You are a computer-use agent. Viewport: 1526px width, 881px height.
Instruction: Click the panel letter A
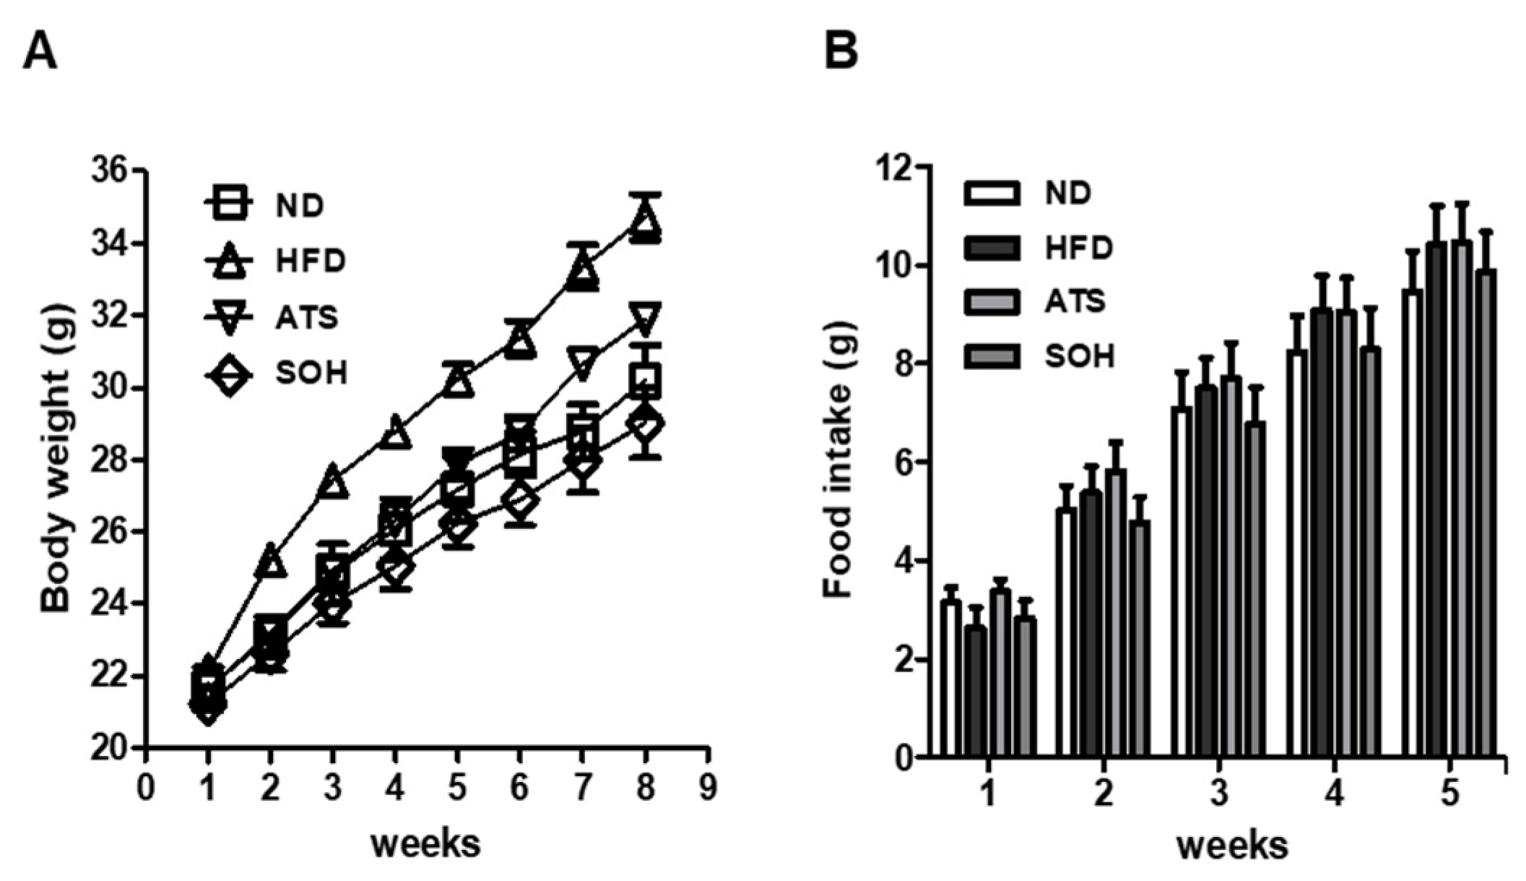(40, 52)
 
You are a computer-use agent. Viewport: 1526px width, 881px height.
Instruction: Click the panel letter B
(841, 52)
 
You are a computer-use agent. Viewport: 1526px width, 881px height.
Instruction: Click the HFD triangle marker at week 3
(332, 482)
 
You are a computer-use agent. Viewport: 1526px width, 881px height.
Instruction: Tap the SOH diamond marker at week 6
(520, 501)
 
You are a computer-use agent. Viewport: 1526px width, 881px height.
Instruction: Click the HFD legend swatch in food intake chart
(992, 248)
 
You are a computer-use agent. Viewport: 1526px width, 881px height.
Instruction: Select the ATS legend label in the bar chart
(1075, 301)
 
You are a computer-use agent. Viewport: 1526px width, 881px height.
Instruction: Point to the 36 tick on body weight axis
(108, 171)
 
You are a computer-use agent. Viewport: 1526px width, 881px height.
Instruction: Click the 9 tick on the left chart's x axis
(708, 787)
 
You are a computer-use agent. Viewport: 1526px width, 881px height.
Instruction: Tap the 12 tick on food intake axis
(893, 167)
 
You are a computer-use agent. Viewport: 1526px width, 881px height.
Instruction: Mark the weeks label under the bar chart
(1232, 845)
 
